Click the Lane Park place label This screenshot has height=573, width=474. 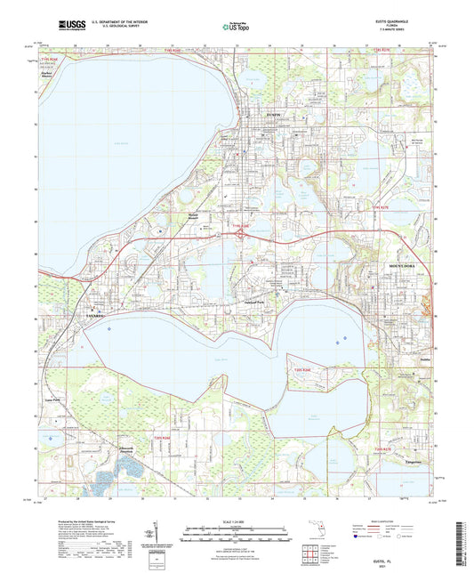tap(76, 400)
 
